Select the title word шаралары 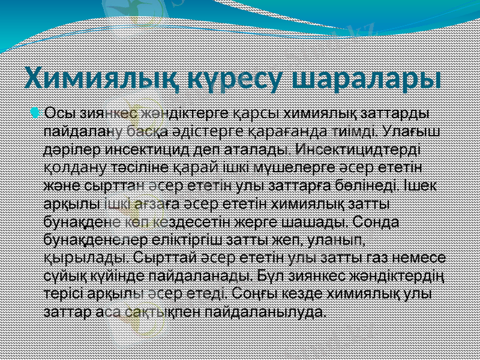(366, 79)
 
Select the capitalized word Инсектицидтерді (359, 147)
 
